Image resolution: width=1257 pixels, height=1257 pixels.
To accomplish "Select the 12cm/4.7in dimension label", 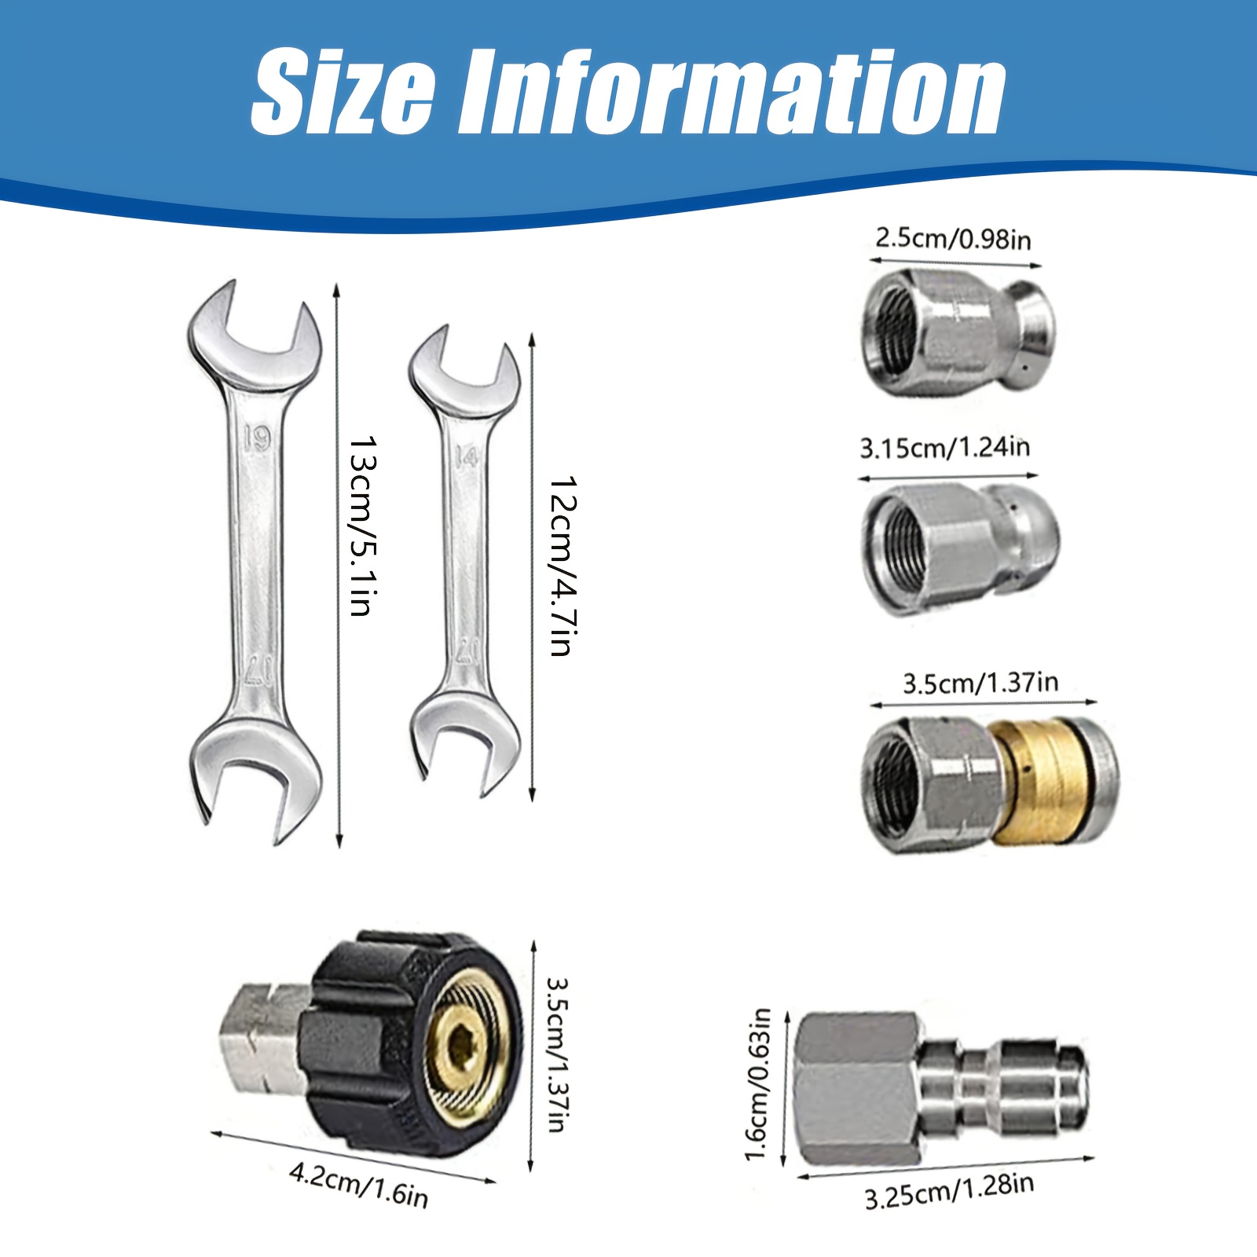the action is pyautogui.click(x=563, y=565).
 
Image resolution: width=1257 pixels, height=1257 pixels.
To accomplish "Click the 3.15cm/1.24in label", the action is pyautogui.click(x=944, y=447).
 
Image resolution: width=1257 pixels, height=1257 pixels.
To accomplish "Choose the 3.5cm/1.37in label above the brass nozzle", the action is pyautogui.click(x=980, y=683).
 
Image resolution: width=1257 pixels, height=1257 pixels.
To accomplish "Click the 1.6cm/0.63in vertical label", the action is pyautogui.click(x=757, y=1084).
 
